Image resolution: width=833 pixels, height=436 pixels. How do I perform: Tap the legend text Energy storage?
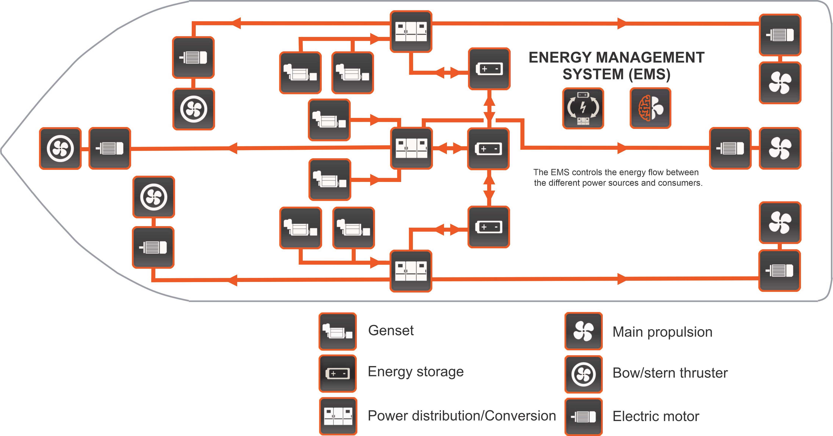(416, 372)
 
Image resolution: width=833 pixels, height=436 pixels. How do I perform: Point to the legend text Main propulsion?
(662, 332)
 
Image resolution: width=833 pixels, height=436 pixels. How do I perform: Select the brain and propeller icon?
(650, 108)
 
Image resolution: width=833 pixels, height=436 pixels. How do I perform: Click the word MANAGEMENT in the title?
(650, 58)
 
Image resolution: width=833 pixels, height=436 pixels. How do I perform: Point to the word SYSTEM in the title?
(593, 74)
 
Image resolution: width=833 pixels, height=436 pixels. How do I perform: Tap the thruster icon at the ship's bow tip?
(60, 148)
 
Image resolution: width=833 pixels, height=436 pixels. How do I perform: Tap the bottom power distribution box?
(411, 271)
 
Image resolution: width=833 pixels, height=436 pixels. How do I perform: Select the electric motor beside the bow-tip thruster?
(110, 148)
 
